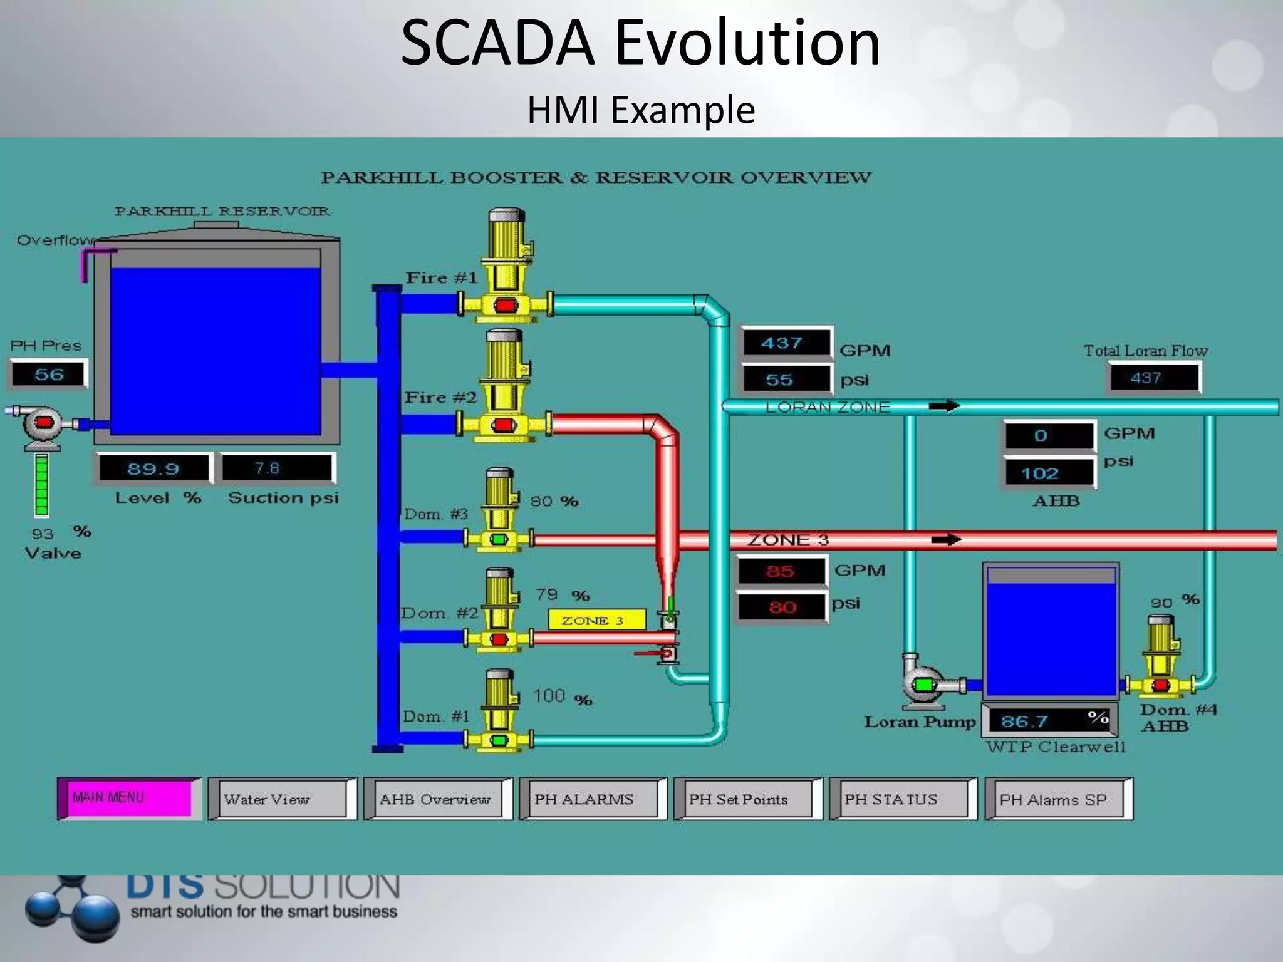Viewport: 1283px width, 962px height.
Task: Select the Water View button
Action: click(x=281, y=799)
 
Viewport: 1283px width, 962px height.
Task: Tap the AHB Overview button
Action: click(x=437, y=799)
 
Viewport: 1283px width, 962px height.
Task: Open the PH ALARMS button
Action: click(x=592, y=799)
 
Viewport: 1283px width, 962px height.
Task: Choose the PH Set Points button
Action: click(x=747, y=799)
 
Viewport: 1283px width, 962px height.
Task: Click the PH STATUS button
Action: click(x=902, y=799)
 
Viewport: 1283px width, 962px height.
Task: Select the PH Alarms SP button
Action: click(x=1058, y=799)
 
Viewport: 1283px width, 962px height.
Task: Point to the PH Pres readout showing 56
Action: click(x=48, y=375)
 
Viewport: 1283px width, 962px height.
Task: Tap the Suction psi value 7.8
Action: click(x=276, y=468)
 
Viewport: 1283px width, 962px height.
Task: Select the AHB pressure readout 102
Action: click(x=1049, y=473)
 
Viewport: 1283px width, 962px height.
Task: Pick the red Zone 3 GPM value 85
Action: click(x=781, y=571)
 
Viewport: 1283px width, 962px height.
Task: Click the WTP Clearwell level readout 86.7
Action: click(x=1049, y=721)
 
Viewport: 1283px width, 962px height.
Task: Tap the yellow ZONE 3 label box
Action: click(x=596, y=620)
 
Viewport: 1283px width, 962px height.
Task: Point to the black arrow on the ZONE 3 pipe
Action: click(x=946, y=539)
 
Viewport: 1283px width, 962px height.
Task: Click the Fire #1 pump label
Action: click(x=441, y=277)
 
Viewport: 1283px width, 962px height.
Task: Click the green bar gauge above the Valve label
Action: click(x=42, y=485)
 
